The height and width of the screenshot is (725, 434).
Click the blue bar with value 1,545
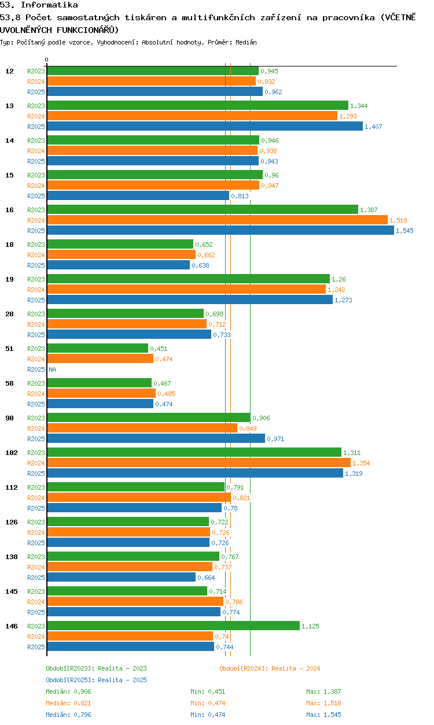pos(220,231)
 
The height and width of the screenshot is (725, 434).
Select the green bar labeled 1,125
pos(173,626)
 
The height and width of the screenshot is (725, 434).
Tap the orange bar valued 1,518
pos(218,220)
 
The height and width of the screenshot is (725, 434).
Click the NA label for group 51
pos(52,369)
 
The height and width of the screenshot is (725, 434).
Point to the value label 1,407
pos(373,127)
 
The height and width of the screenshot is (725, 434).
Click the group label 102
pos(12,453)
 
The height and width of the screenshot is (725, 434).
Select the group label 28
pos(9,314)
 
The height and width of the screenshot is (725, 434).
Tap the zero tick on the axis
pos(47,60)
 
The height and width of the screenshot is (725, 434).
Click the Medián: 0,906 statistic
pos(68,691)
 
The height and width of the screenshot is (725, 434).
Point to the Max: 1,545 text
pos(323,715)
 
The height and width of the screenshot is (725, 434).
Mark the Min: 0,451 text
pos(208,691)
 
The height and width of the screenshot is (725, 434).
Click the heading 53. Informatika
pos(39,5)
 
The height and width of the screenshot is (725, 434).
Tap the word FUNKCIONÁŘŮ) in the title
pos(88,30)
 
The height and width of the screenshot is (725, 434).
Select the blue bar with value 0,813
pos(138,196)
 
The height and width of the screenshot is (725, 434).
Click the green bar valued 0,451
pos(97,348)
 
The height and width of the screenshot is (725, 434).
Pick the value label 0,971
pos(275,439)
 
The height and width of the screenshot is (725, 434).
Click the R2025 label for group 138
pos(36,578)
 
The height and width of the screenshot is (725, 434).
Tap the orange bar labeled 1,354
pos(199,463)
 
